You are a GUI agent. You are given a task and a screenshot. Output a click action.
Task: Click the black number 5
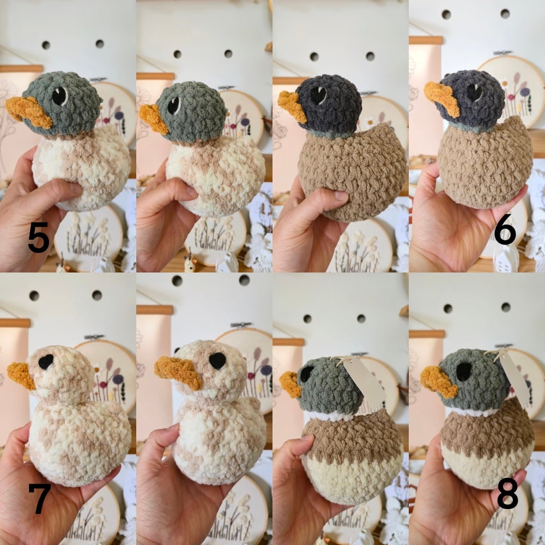(39, 237)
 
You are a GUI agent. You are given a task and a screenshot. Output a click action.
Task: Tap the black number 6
(505, 229)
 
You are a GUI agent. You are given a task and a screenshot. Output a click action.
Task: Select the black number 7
(40, 499)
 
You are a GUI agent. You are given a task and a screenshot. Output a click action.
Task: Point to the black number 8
(508, 493)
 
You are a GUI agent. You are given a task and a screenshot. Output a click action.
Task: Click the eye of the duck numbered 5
(60, 96)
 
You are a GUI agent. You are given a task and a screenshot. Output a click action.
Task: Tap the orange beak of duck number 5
(28, 111)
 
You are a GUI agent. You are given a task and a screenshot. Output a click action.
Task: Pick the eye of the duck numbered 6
(475, 93)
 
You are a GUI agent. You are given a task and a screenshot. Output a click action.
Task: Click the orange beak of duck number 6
(442, 98)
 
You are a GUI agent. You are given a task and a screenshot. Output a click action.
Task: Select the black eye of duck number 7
(46, 362)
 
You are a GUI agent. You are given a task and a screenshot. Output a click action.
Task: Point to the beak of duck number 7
(22, 375)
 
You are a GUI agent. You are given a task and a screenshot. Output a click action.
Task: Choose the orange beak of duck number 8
(439, 381)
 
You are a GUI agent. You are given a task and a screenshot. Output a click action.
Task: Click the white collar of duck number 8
(471, 412)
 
